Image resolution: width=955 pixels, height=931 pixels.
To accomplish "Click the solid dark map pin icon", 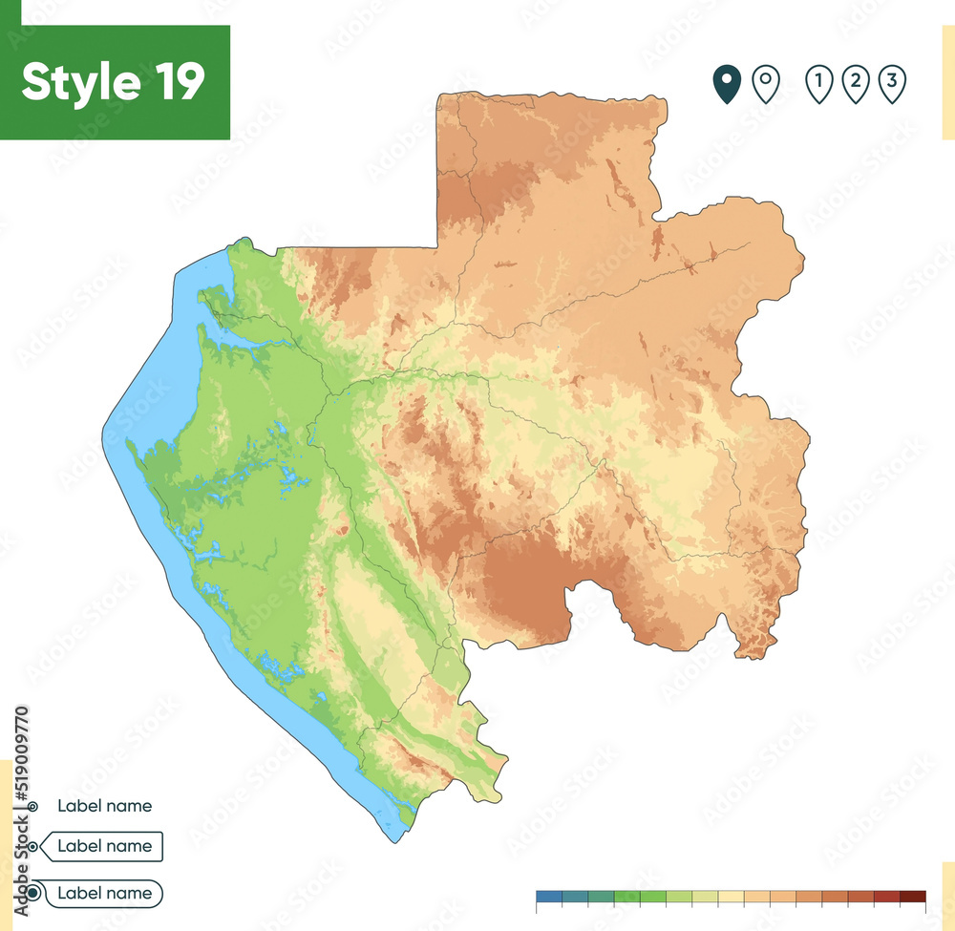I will pos(727,83).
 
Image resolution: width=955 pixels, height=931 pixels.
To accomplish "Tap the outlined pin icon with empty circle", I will pos(765,83).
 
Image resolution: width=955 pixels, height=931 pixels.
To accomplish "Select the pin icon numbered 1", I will pos(818,83).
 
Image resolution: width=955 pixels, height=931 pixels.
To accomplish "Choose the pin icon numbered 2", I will pos(855,83).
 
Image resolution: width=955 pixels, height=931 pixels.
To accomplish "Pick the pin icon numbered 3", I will pos(891,83).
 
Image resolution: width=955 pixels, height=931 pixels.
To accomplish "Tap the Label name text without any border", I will pos(104,806).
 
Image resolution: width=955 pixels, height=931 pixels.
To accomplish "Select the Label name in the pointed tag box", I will pos(104,846).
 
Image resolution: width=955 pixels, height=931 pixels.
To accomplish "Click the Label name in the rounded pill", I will pos(104,894).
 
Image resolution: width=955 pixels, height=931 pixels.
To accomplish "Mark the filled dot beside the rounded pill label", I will pos(34,894).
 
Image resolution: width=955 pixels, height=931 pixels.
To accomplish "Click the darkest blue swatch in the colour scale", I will pos(549,896).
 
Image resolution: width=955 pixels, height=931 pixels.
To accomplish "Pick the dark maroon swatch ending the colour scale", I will pos(913,896).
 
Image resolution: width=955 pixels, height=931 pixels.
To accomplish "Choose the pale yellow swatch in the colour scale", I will pos(732,896).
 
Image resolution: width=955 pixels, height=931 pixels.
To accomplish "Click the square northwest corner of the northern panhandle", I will pos(440,95).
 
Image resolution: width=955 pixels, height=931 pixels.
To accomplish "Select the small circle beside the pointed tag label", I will pos(34,846).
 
